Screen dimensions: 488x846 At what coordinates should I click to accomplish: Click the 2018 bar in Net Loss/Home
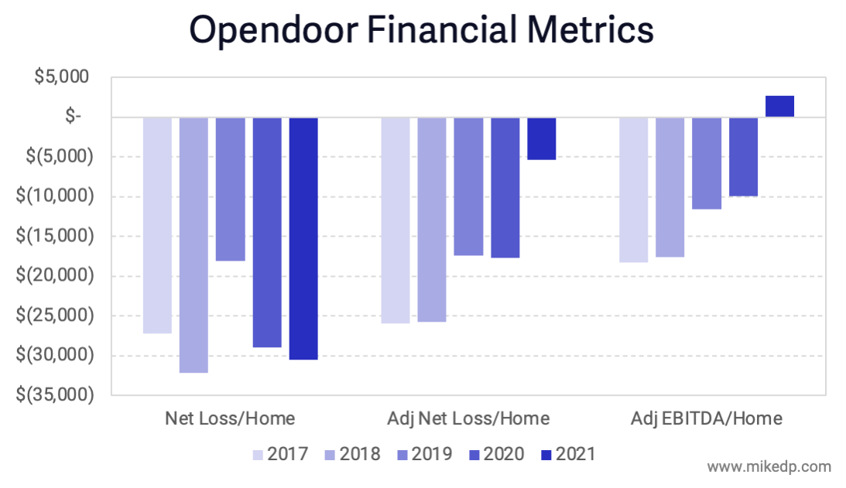pyautogui.click(x=194, y=244)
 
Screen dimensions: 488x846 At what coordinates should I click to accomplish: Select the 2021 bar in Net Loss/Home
pyautogui.click(x=303, y=238)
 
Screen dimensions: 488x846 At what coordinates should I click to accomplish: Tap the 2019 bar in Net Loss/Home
pyautogui.click(x=230, y=189)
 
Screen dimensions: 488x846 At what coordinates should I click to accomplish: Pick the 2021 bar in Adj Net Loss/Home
pyautogui.click(x=542, y=138)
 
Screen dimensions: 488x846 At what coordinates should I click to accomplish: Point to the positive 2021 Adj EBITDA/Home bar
pyautogui.click(x=779, y=107)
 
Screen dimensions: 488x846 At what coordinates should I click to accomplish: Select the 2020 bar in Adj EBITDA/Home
pyautogui.click(x=743, y=156)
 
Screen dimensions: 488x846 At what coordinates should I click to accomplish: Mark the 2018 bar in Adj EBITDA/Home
pyautogui.click(x=670, y=186)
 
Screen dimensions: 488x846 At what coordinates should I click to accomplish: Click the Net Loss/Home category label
pyautogui.click(x=230, y=418)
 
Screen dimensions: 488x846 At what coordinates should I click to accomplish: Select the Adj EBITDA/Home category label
pyautogui.click(x=706, y=418)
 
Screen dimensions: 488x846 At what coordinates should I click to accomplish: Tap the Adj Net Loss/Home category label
pyautogui.click(x=468, y=418)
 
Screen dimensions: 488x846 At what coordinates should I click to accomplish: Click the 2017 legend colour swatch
pyautogui.click(x=258, y=454)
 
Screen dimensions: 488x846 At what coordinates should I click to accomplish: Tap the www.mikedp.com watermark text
pyautogui.click(x=769, y=466)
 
